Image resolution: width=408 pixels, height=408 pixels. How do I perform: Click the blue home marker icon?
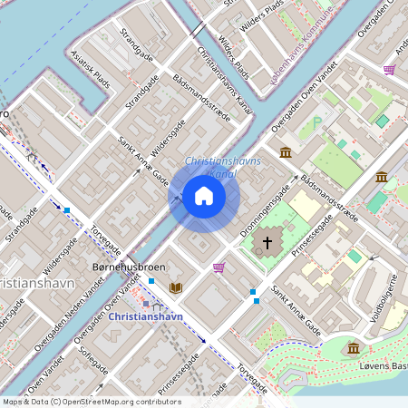[x=204, y=196]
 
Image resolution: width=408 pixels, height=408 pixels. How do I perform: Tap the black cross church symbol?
[x=267, y=243]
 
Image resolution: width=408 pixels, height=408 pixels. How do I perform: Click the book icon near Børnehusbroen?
[x=176, y=287]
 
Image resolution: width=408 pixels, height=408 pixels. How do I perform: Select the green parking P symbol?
[x=317, y=121]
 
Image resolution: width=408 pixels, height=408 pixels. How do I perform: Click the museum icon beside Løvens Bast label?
[x=354, y=347]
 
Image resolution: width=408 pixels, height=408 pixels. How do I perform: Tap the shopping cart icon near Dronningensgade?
[x=219, y=267]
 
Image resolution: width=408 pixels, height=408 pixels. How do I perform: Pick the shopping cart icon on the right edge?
[x=389, y=69]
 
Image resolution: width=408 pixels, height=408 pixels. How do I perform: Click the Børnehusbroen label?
[x=129, y=268]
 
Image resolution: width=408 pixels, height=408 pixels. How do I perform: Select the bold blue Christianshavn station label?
[x=146, y=316]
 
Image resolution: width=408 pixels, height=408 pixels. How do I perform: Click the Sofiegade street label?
[x=93, y=359]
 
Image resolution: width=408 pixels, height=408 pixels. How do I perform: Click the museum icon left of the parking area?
[x=286, y=151]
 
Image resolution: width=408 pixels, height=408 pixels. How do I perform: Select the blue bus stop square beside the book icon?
[x=151, y=282]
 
